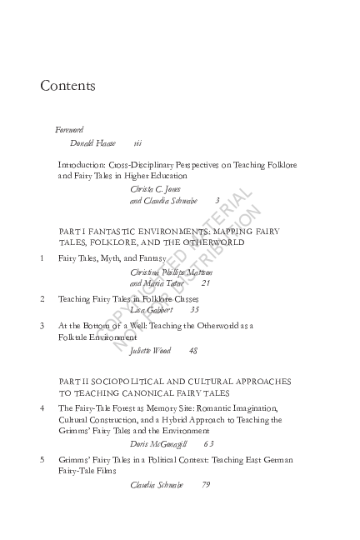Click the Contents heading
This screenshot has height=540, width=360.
[x=67, y=86]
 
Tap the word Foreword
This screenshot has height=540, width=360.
[x=69, y=130]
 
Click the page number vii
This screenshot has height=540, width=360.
[x=137, y=143]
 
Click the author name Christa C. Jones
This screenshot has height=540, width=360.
[x=155, y=188]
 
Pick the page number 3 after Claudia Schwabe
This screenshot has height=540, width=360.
[x=217, y=200]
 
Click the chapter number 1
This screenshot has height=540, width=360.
[x=42, y=258]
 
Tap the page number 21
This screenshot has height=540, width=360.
[x=206, y=283]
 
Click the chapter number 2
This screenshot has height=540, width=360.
[x=42, y=297]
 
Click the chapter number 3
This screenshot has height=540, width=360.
[x=42, y=325]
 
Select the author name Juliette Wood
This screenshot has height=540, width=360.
[x=151, y=350]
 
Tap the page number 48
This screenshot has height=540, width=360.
[x=192, y=350]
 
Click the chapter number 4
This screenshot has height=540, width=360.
[x=42, y=407]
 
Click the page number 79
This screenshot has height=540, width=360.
[x=206, y=484]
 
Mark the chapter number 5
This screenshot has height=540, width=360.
[x=42, y=459]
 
